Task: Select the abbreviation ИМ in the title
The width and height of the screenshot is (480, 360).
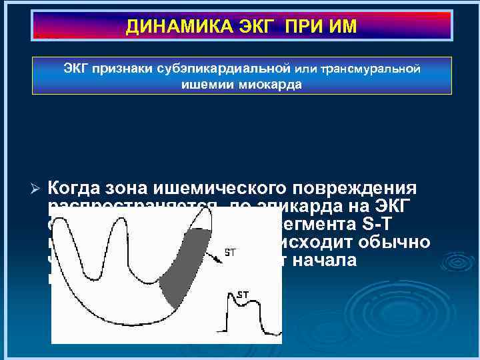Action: [x=342, y=27]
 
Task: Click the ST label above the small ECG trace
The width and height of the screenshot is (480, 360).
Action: [x=243, y=293]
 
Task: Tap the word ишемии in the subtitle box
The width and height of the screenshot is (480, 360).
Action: [x=205, y=85]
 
